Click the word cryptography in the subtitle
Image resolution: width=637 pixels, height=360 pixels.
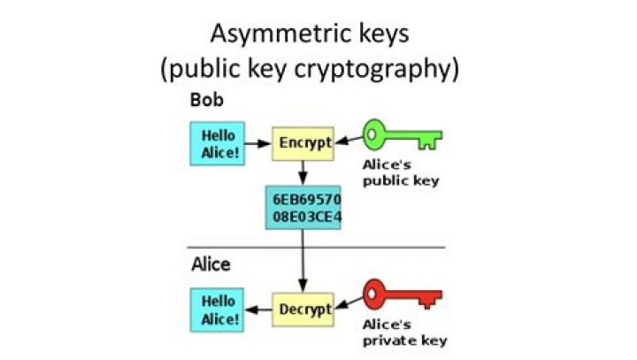click(x=377, y=69)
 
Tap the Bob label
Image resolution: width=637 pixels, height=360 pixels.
click(x=207, y=100)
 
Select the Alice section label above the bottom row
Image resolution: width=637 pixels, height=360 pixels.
click(x=211, y=264)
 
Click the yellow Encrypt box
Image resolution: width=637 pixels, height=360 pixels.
click(x=303, y=143)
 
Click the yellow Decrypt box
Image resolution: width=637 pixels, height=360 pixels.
click(x=303, y=310)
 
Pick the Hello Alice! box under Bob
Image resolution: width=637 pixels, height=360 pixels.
click(x=218, y=143)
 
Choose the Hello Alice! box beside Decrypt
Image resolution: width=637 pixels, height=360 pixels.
click(x=218, y=310)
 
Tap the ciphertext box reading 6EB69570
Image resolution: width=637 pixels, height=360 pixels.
click(x=303, y=208)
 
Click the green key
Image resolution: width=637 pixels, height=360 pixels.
click(x=403, y=135)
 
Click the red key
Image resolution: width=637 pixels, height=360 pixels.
click(x=403, y=295)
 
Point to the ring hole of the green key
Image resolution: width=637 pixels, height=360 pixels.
click(x=371, y=134)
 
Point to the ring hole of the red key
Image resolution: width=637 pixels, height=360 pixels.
click(x=371, y=294)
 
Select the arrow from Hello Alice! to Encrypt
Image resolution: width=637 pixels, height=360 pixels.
click(x=258, y=143)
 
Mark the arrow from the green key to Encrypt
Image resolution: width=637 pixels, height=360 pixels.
click(x=349, y=140)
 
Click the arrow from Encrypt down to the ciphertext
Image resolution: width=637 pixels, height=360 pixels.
click(x=303, y=173)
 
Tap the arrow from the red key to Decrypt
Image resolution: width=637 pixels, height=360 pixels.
click(x=349, y=303)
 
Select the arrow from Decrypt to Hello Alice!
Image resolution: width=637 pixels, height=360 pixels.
click(x=258, y=310)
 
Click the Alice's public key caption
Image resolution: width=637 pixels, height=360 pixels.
click(x=401, y=172)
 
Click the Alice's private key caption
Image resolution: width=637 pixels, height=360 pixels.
click(x=404, y=333)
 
